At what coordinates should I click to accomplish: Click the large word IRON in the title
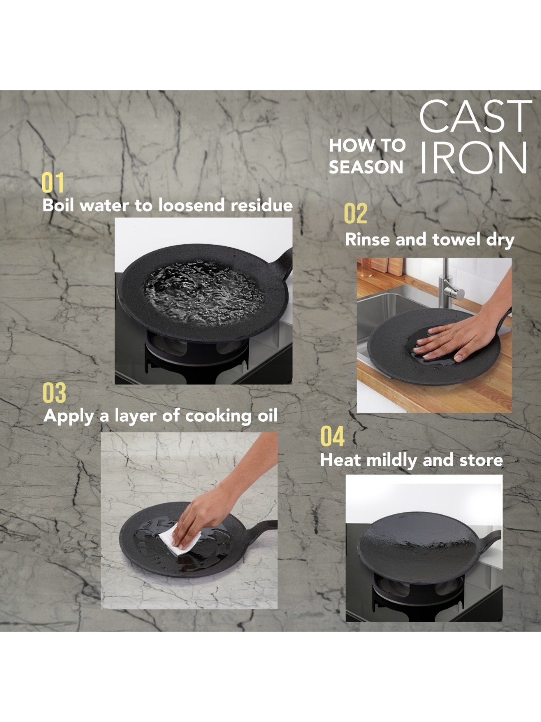tap(473, 158)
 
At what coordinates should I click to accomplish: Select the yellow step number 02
tap(355, 213)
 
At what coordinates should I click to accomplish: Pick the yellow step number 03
tap(54, 393)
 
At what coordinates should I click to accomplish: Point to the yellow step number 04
tap(332, 437)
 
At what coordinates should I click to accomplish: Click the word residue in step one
tap(261, 205)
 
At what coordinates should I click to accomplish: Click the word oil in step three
tap(267, 416)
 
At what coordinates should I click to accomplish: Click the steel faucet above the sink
tap(447, 285)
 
